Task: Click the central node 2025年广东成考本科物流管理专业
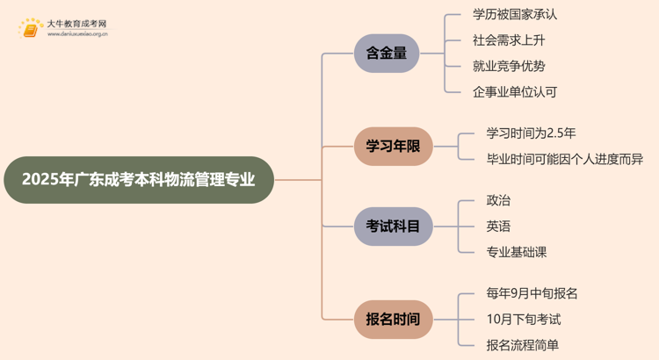click(139, 180)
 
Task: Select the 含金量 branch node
click(387, 54)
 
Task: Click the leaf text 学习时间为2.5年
click(531, 133)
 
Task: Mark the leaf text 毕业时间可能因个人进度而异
click(564, 159)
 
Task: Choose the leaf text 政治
click(498, 201)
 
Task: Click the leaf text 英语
click(498, 227)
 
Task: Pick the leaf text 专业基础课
click(517, 252)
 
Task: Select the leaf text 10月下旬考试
click(523, 320)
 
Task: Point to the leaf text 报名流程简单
click(523, 345)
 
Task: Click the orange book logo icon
click(32, 28)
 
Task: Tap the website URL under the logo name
click(77, 36)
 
